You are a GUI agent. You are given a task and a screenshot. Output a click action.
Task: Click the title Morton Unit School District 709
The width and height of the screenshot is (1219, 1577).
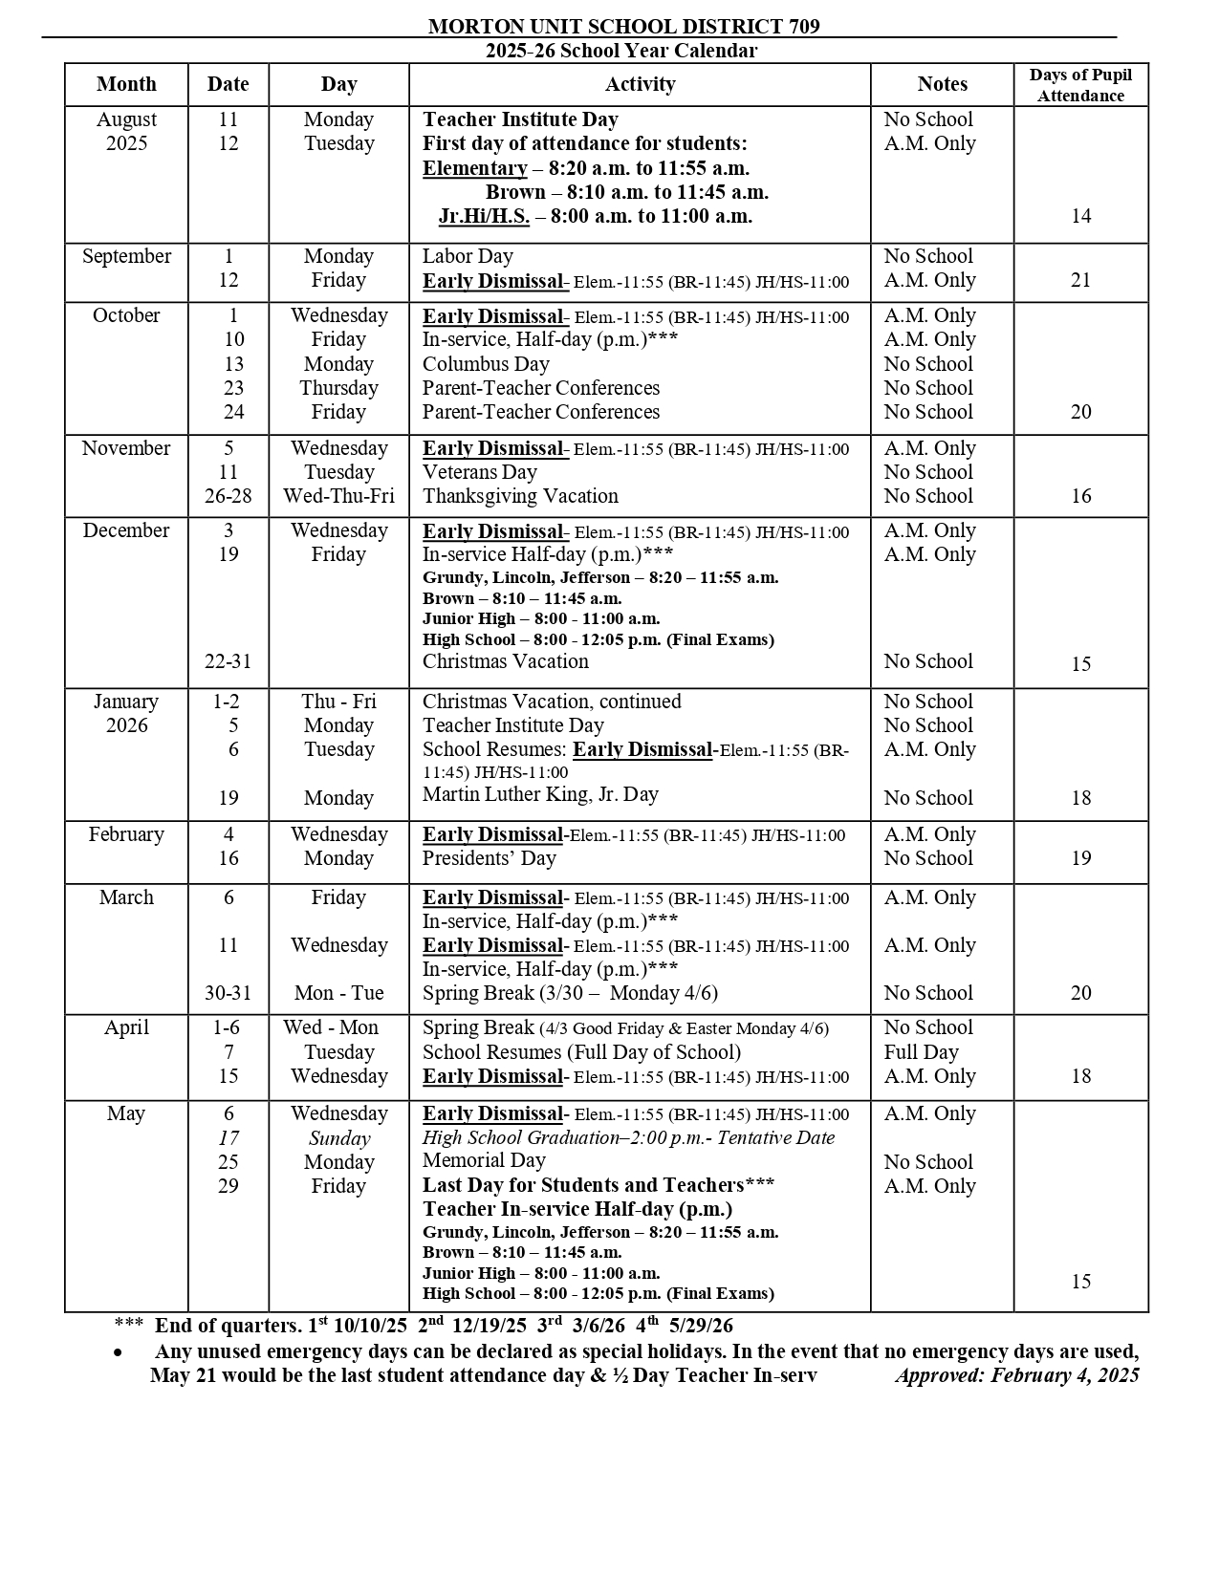tap(623, 27)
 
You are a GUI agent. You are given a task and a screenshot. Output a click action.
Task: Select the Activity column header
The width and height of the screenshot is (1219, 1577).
tap(640, 84)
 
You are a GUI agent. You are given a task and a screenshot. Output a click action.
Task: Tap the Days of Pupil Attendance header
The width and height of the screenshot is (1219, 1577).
tap(1080, 85)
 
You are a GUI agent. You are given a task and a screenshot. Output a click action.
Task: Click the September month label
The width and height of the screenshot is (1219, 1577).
tap(126, 256)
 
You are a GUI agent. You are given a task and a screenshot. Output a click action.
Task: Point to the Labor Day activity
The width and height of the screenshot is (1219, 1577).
tap(468, 256)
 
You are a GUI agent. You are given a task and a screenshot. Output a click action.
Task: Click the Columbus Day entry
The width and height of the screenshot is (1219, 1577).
tap(486, 364)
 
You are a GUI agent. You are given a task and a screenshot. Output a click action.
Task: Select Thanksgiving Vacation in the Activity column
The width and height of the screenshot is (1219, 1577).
tap(520, 496)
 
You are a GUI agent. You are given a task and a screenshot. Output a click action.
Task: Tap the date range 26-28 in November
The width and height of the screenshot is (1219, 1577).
tap(228, 496)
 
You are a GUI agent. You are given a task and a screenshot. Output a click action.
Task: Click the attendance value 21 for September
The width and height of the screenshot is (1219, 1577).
tap(1080, 280)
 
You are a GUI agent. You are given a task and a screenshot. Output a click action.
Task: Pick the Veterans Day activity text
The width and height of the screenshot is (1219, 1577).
tap(479, 472)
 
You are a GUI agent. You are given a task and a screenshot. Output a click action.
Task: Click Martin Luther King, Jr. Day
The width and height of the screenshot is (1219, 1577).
tap(540, 794)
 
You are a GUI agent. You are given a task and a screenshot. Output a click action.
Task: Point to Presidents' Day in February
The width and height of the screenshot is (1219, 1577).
tap(489, 858)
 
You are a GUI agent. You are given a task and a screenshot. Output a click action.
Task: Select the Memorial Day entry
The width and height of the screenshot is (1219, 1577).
tap(484, 1160)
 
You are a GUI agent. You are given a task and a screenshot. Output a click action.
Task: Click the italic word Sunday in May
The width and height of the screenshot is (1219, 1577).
tap(338, 1138)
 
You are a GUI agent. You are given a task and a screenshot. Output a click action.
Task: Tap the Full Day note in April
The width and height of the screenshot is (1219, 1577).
tap(921, 1052)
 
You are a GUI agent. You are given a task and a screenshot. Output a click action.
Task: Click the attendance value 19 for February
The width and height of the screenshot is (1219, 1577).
tap(1080, 858)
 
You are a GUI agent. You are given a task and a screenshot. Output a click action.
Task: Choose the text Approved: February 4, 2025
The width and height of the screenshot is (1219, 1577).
tap(1016, 1375)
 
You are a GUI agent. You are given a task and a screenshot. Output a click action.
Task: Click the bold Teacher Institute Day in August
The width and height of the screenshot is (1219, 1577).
tap(520, 119)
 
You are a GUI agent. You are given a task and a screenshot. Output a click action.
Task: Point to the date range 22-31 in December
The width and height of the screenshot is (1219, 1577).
tap(228, 661)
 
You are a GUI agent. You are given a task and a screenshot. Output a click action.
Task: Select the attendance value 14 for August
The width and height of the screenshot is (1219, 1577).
tap(1080, 216)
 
